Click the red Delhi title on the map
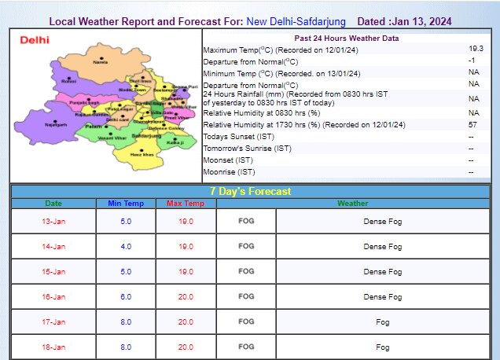coord(35,39)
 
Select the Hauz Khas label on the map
coord(142,154)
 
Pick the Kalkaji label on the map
coord(175,142)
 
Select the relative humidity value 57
coord(472,125)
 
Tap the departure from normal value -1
coord(472,61)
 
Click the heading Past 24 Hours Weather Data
coord(346,38)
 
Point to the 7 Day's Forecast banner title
coord(250,191)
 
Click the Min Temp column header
coord(126,204)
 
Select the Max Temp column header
coord(186,204)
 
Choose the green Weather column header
coord(352,204)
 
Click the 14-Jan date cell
coord(53,247)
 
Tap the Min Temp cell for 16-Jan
coord(126,296)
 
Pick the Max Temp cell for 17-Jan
coord(186,321)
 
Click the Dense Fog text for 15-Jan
coord(382,272)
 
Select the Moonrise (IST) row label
coord(229,171)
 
